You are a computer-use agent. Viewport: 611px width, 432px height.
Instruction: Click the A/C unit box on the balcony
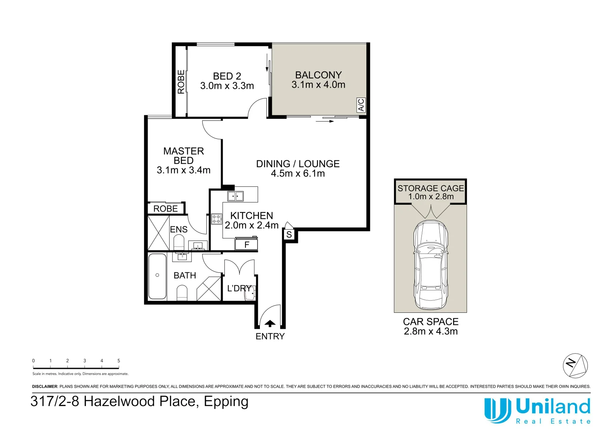(x=361, y=105)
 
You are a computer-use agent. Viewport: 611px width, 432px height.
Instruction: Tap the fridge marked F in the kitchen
(x=246, y=244)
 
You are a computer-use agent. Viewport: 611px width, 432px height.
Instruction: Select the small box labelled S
(x=289, y=234)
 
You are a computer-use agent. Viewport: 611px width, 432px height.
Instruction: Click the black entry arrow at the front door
(x=270, y=323)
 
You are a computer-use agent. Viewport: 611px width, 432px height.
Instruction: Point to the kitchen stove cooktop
(x=217, y=219)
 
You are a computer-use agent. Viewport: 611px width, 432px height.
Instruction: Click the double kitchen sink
(x=236, y=196)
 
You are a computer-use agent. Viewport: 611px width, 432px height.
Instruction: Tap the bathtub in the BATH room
(x=158, y=276)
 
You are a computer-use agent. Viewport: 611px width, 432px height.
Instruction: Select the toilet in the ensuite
(x=179, y=243)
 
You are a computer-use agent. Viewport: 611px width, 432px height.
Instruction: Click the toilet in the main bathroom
(x=182, y=293)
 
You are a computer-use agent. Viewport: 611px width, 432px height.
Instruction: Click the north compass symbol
(x=575, y=366)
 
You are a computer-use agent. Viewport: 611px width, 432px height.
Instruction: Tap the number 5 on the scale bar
(x=119, y=360)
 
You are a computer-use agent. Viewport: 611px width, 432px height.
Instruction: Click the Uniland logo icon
(x=497, y=410)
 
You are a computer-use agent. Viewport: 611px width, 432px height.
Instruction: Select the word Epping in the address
(x=226, y=402)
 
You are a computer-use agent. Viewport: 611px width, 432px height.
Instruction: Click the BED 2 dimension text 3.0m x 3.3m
(x=227, y=86)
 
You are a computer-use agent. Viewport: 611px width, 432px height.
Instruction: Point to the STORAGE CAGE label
(x=431, y=188)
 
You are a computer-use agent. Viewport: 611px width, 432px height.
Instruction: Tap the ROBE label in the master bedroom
(x=165, y=209)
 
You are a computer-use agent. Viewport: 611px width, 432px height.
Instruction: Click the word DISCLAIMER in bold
(x=45, y=386)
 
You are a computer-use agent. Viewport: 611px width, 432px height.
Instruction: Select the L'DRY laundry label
(x=239, y=288)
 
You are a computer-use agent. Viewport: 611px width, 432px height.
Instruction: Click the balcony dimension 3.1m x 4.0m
(x=318, y=84)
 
